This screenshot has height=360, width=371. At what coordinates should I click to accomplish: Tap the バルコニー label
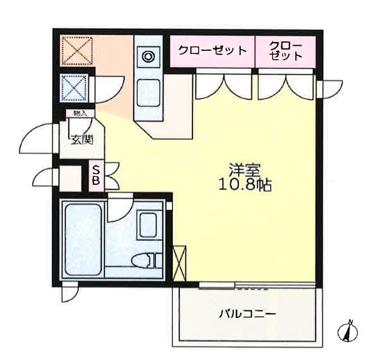[248, 313]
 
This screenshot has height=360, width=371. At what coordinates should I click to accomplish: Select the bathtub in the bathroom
[83, 240]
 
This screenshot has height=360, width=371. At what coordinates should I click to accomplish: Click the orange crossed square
[77, 50]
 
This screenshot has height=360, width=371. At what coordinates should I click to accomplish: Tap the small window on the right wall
[328, 88]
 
